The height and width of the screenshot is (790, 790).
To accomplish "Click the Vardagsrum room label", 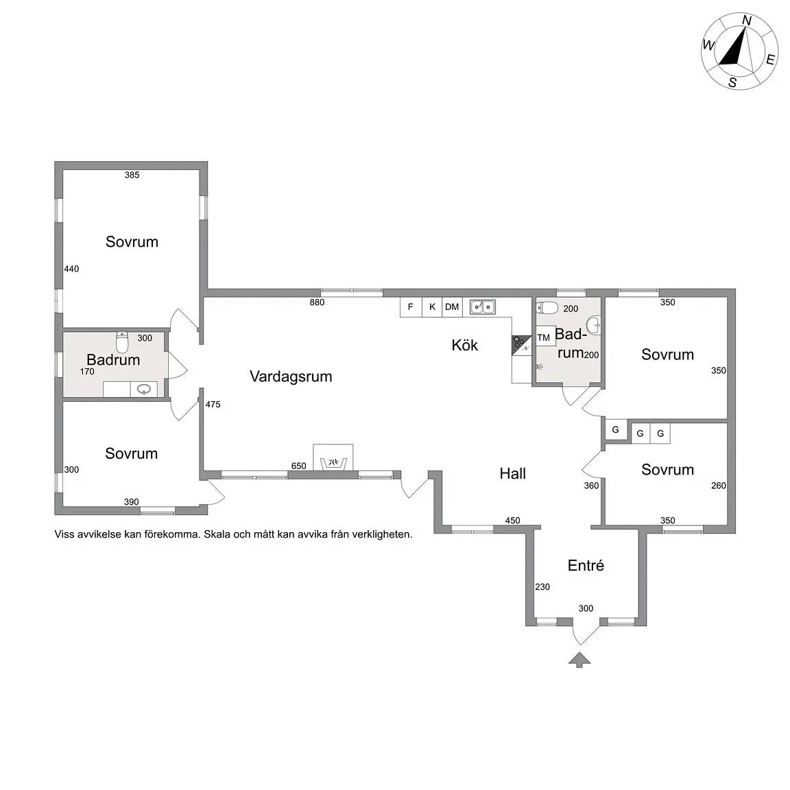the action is coord(291,376).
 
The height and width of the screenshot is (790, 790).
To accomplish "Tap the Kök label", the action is coord(464,345).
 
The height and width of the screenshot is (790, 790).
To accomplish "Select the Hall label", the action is coord(512,474).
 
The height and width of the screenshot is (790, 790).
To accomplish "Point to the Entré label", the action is coord(586,565).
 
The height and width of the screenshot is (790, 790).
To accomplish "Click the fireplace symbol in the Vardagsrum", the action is coord(333,457).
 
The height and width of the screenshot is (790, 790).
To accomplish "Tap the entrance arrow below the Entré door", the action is coord(579,660).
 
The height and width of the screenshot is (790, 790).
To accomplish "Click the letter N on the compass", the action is coord(747,21).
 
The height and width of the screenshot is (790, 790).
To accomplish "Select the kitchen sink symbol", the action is coord(483,307).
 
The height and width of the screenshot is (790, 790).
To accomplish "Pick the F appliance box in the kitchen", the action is coord(411,307).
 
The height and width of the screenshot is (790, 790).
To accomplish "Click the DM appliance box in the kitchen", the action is coord(452,307).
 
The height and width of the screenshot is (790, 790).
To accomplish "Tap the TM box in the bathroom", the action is coord(544,337).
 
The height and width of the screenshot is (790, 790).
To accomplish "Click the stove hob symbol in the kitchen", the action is coord(521,345).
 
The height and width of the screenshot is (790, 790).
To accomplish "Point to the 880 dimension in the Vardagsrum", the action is coord(317,302).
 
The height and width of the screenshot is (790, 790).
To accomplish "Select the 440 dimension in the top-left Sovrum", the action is coord(71,269).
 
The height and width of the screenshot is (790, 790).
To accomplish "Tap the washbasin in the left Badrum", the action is coord(144,390).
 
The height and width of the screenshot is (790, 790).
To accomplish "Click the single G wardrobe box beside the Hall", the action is coord(616,430).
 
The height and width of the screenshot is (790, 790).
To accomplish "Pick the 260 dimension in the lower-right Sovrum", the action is coord(719,486).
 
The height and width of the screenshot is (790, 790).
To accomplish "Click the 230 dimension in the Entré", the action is coord(542,587).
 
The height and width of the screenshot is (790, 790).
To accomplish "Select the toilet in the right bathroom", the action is coord(548,307).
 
